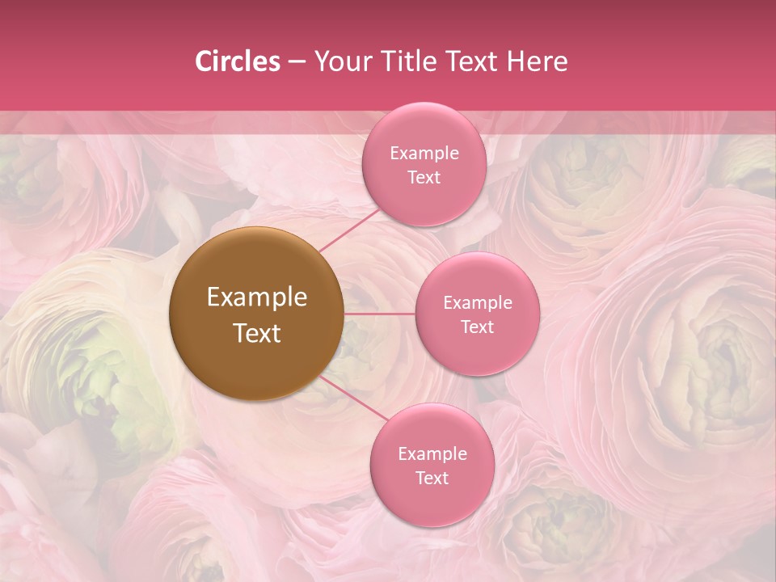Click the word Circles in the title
237,61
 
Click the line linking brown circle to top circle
350,230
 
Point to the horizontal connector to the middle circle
380,314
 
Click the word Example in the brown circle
257,297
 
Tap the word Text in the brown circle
257,333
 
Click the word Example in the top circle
424,154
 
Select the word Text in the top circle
424,177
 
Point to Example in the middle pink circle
478,303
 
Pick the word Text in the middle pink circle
478,327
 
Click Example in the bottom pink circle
432,454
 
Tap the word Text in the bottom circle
432,478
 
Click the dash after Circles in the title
297,62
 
